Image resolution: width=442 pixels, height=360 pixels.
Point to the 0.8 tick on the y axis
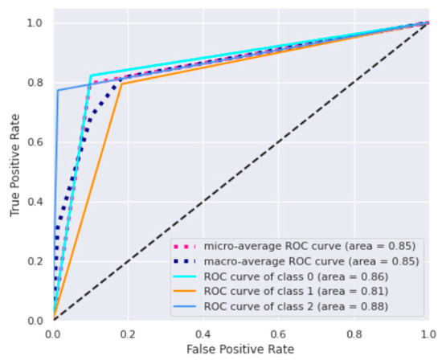pos(36,83)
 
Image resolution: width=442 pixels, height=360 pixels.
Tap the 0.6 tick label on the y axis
pos(36,142)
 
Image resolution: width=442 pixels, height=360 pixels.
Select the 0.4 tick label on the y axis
pos(36,202)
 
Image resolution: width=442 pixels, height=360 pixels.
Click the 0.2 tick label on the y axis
pos(36,261)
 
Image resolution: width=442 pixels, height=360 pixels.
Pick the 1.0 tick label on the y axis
pos(36,23)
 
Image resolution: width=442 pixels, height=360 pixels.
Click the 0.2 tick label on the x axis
pos(129,332)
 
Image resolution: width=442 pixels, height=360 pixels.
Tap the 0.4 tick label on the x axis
pos(203,332)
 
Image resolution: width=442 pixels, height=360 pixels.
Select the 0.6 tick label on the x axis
pos(278,332)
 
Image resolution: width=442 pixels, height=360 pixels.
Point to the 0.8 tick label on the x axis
pos(353,332)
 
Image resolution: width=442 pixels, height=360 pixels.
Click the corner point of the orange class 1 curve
pos(122,84)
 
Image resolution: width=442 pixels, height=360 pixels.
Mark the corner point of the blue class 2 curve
pos(58,90)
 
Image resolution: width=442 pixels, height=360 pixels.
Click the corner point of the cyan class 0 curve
pos(91,76)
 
